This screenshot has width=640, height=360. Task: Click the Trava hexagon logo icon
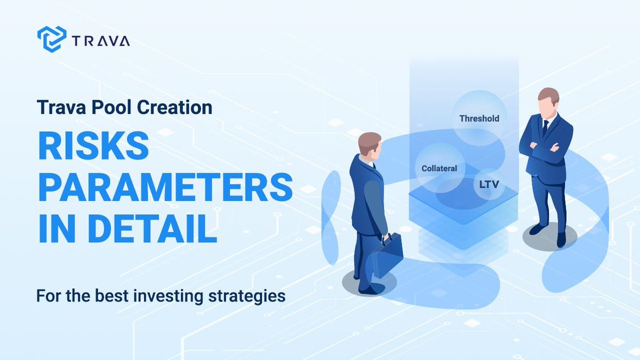click(x=52, y=39)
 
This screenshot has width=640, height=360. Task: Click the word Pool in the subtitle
click(x=112, y=107)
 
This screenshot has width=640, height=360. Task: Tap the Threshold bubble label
click(x=479, y=118)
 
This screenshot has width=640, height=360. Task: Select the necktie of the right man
click(x=545, y=127)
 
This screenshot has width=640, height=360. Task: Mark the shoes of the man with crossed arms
click(x=549, y=235)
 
